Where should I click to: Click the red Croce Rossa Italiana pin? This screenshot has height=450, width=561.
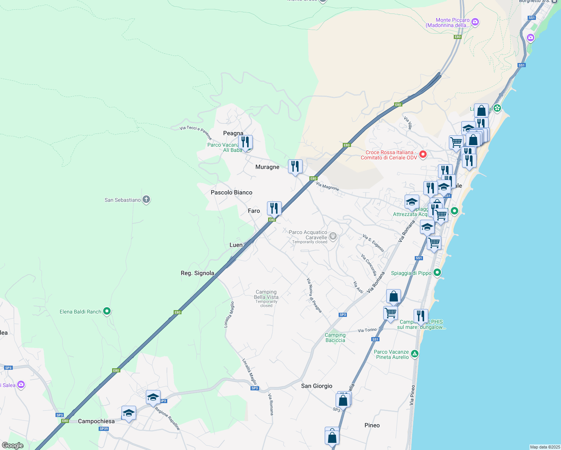[423, 154]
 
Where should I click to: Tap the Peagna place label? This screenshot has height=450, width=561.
[233, 133]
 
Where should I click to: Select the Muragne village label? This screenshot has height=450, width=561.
[267, 167]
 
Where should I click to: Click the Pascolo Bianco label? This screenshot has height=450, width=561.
[231, 192]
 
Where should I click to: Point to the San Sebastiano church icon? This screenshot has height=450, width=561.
[146, 199]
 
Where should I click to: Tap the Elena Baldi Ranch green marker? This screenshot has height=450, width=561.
[107, 311]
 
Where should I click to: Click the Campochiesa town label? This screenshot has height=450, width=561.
[96, 421]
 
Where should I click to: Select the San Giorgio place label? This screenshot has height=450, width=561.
[316, 386]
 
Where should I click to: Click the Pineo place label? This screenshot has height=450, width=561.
[372, 425]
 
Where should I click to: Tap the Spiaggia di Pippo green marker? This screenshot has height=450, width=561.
[437, 273]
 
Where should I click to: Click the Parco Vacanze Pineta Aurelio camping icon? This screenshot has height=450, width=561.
[414, 354]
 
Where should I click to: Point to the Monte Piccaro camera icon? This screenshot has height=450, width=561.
[475, 22]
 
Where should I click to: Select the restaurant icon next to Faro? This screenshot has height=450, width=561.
[274, 208]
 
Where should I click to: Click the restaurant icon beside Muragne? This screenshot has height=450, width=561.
[295, 166]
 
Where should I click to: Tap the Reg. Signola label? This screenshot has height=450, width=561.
[197, 273]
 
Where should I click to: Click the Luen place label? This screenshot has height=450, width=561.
[236, 245]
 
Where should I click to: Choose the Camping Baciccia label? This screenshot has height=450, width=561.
[335, 337]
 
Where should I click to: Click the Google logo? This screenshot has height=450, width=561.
[12, 445]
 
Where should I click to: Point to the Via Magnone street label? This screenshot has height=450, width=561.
[327, 186]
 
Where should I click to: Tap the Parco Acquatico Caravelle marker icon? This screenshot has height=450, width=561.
[333, 236]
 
